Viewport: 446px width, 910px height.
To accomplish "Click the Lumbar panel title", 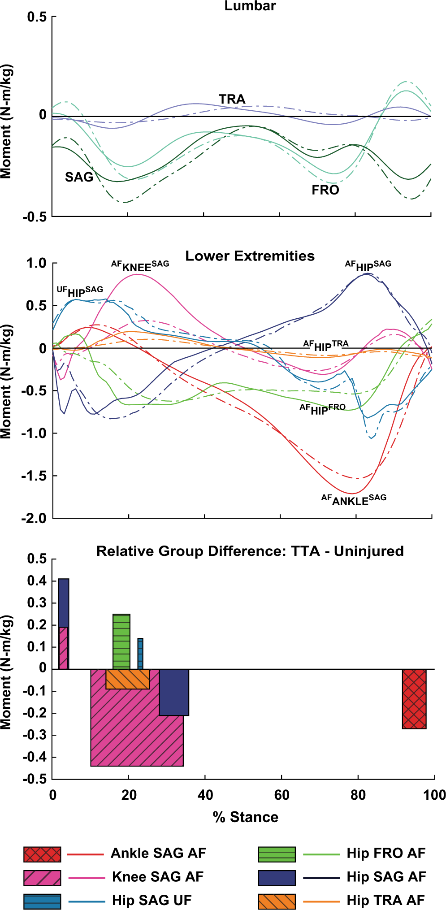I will coord(250,6).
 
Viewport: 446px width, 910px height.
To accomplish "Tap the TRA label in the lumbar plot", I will coord(232,99).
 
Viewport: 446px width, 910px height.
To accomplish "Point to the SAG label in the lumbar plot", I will coord(79,177).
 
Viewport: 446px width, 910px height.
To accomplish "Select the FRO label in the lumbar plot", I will coord(325,190).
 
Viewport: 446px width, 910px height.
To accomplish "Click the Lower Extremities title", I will coord(250,256).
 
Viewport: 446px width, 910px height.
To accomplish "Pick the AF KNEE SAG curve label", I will coord(140,266).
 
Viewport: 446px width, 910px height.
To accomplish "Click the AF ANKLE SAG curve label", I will coord(354,500).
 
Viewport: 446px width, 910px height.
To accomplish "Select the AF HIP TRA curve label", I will coord(325,346).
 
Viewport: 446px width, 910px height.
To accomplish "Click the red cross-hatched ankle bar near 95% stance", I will coord(414,699).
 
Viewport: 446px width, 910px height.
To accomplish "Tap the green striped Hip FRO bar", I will coord(121,641).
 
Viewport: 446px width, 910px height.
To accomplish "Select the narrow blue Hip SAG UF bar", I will coord(140,654).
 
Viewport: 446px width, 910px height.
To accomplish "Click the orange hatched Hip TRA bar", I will coord(128,679).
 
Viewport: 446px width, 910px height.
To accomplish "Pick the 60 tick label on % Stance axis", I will coord(281,795).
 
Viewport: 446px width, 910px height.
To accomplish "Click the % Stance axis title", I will coord(245,817).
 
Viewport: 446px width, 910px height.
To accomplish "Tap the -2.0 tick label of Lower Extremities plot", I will coord(34,518).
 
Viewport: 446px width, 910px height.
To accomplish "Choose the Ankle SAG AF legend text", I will coord(158,853).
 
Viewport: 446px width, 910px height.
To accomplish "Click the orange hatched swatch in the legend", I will coord(277,901).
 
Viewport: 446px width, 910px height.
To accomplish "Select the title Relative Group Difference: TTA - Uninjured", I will coord(250,551).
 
